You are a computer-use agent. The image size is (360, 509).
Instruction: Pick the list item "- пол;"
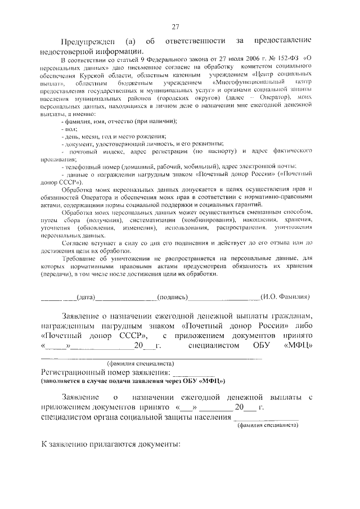click(69, 129)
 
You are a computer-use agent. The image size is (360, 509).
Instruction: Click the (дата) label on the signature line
click(87, 296)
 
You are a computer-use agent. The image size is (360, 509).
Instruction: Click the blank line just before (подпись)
click(127, 297)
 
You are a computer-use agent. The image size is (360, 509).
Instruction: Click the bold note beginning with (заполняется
click(133, 381)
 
